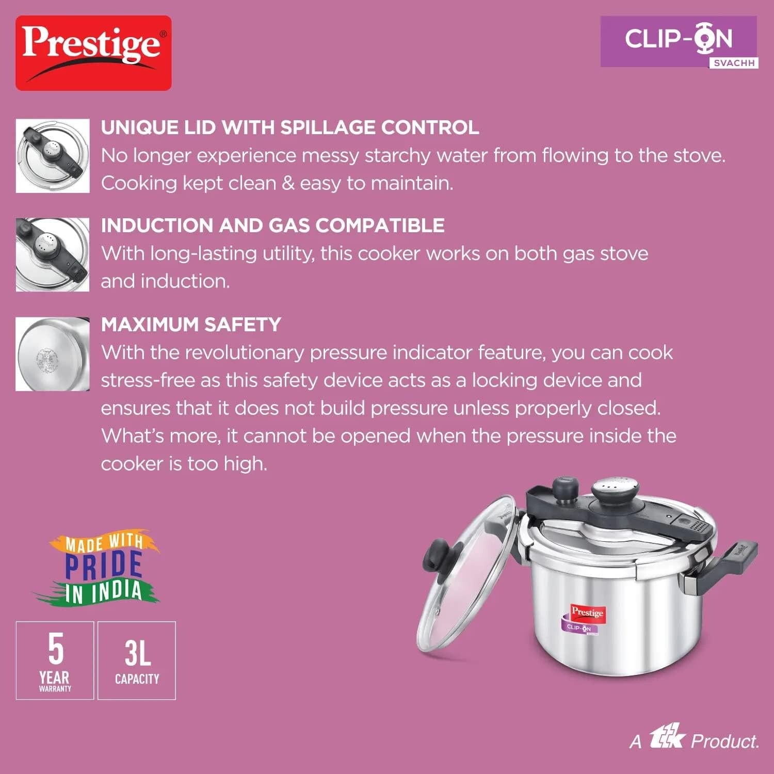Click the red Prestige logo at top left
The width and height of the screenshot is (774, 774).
pos(93,53)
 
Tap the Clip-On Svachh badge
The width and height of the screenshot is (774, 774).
pos(679,42)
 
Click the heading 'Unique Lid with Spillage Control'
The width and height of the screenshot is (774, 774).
pos(290,127)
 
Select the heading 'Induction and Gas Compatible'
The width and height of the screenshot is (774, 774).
pos(272,225)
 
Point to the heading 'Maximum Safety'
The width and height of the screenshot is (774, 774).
pos(191,325)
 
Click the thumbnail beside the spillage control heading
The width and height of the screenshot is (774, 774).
pos(53,156)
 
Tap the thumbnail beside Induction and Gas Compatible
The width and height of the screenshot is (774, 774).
pos(53,254)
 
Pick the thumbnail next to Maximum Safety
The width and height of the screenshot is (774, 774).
pos(53,354)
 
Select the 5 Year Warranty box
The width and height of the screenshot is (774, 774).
pos(55,660)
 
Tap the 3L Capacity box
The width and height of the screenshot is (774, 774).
pos(137,660)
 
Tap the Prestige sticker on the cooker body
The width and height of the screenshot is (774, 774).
pos(587,612)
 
